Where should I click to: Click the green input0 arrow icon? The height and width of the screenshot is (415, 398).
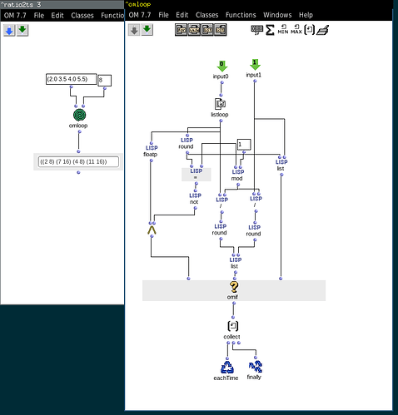coord(221,64)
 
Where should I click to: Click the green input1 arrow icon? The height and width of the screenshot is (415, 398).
coord(254,64)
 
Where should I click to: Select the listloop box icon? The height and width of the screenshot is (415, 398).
coord(221,104)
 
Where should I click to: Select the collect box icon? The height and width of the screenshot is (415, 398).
coord(233,326)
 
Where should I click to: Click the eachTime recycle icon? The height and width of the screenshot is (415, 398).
coord(227,366)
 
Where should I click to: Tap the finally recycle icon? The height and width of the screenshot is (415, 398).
coord(255,366)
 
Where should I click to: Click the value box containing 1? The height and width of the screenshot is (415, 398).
coord(243,145)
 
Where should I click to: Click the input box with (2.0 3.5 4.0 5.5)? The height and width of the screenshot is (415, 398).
coord(72,80)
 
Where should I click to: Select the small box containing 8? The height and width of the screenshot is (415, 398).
coord(104,80)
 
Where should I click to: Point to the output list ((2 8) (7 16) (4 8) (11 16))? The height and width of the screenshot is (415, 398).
coord(78,161)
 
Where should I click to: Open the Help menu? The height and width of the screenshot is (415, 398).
coord(306,15)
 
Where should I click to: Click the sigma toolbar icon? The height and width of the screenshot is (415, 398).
coord(271,30)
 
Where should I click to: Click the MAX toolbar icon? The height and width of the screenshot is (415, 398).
coord(296,30)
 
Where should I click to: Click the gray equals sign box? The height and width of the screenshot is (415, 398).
coord(196,174)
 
